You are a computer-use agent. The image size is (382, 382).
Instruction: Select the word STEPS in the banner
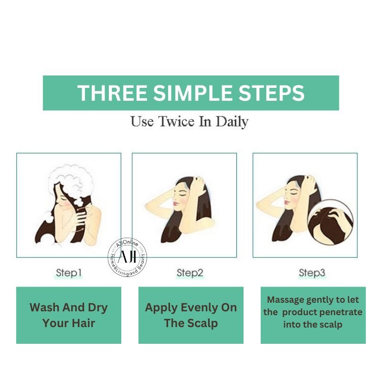[271, 93]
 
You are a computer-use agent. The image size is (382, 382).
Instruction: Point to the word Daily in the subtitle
[232, 122]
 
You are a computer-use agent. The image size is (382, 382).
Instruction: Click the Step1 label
[69, 273]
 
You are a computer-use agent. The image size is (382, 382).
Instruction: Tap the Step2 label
[190, 273]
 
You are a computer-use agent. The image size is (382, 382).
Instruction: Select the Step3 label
[312, 273]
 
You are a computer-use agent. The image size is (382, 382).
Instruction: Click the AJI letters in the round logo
[127, 256]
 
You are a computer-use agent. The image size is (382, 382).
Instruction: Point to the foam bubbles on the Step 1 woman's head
[71, 181]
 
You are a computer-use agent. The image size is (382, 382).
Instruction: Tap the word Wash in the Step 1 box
[45, 308]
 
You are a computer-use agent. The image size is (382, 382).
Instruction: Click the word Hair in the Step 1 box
[83, 323]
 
